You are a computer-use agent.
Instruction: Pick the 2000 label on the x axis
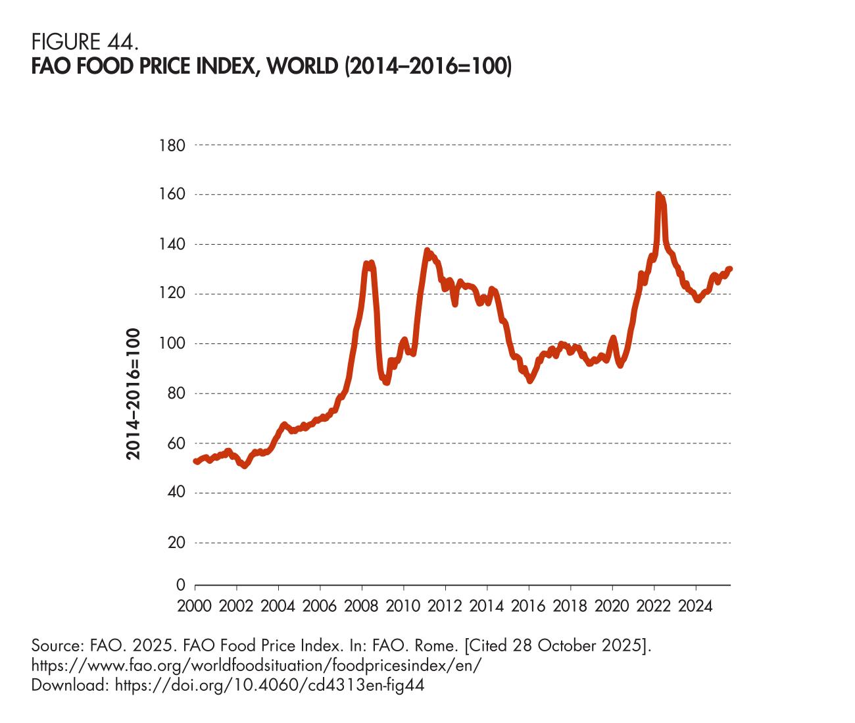(x=195, y=606)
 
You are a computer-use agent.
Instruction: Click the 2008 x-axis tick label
(x=362, y=606)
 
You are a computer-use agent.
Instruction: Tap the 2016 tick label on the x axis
(x=529, y=606)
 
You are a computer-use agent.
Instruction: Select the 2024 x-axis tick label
(x=696, y=606)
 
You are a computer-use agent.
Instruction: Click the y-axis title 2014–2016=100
(x=134, y=394)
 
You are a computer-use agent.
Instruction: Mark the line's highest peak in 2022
(x=658, y=194)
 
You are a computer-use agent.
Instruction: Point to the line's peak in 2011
(x=427, y=250)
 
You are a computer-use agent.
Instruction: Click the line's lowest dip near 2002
(x=245, y=466)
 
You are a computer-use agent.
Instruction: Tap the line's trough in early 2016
(x=530, y=380)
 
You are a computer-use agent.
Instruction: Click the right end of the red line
(x=730, y=268)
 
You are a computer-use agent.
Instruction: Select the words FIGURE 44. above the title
(x=85, y=43)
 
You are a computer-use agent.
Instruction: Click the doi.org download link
(x=270, y=686)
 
